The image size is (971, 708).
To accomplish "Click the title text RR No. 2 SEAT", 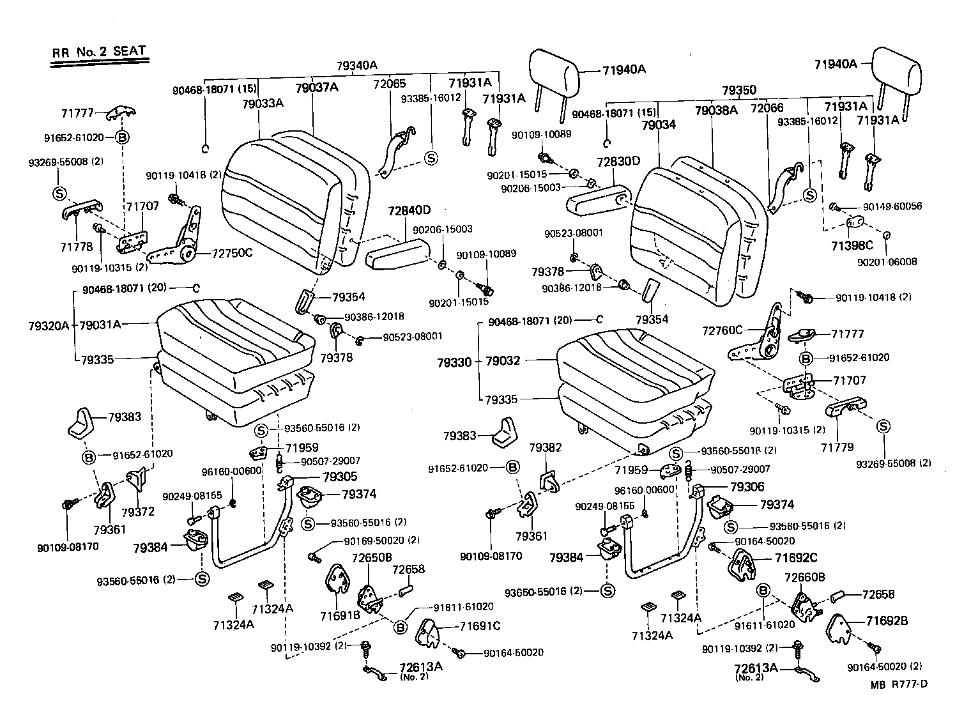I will [x=99, y=52].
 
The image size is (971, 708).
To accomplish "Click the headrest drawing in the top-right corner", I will [x=898, y=72].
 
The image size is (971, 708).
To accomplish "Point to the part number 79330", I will [x=454, y=362].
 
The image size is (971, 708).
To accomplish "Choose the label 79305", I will [x=340, y=477].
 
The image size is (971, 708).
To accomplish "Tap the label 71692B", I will [x=887, y=620].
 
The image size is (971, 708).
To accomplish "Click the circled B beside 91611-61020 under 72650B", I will [x=400, y=627].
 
